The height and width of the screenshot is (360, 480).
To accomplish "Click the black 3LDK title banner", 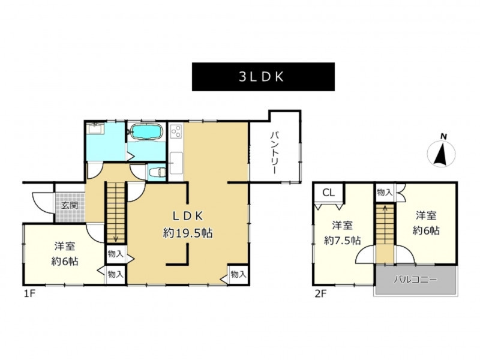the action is point(263,77).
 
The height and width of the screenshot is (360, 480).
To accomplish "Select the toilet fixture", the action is point(157,173).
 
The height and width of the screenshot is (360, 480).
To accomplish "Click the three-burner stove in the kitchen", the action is point(176,131).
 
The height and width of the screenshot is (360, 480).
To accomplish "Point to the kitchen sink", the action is point(176,161).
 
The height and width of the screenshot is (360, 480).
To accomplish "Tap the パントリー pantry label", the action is point(274,153).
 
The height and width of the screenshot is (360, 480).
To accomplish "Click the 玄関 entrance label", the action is point(70,205).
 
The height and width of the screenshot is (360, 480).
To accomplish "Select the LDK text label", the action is point(188,216).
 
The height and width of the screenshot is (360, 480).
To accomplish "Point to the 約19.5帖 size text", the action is point(188,233).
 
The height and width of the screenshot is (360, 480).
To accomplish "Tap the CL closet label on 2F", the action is point(328,193).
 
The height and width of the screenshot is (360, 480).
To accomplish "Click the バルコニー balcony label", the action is point(415,280).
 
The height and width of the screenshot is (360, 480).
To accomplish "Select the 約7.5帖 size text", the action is point(342,241).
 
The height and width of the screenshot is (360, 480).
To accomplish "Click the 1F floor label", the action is point(30,294).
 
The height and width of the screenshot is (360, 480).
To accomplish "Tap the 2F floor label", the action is point(321,294).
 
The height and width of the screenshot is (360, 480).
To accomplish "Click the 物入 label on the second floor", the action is point(385,192).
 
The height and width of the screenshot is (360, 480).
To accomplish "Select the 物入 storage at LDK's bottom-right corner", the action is point(238,274).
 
